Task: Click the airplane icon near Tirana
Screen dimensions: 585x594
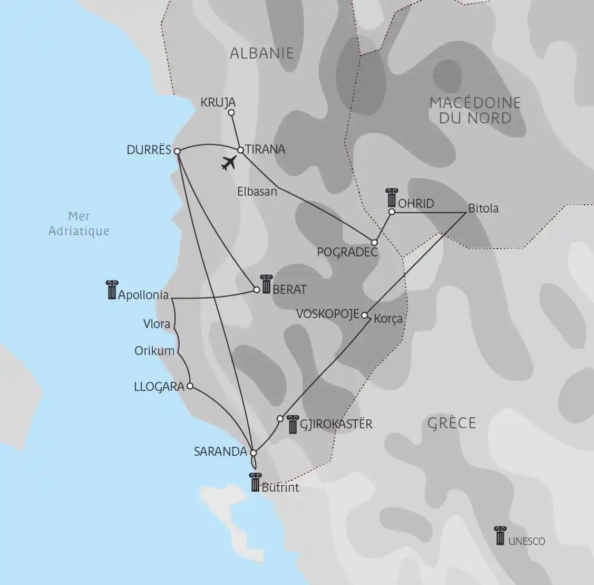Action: pyautogui.click(x=229, y=164)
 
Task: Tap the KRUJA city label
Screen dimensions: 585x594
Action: pyautogui.click(x=218, y=102)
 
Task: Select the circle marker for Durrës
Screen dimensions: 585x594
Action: pyautogui.click(x=178, y=151)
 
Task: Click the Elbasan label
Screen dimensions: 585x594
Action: pyautogui.click(x=257, y=191)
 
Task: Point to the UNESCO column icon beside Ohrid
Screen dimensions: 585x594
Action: pyautogui.click(x=392, y=198)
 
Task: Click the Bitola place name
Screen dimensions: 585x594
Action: pyautogui.click(x=483, y=208)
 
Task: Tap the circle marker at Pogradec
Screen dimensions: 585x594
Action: pyautogui.click(x=374, y=243)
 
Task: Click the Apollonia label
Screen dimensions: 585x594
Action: pyautogui.click(x=143, y=295)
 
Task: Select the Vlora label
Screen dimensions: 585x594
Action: pyautogui.click(x=157, y=323)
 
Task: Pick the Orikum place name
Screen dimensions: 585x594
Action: pyautogui.click(x=154, y=350)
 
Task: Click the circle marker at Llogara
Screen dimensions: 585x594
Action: pyautogui.click(x=190, y=386)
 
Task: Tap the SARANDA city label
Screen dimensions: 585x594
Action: pyautogui.click(x=220, y=452)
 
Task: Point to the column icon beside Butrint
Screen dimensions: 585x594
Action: pyautogui.click(x=256, y=482)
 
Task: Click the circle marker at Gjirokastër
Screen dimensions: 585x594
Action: pyautogui.click(x=280, y=419)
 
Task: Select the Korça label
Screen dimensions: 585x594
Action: pyautogui.click(x=388, y=319)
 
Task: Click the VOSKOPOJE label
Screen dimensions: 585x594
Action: pyautogui.click(x=327, y=314)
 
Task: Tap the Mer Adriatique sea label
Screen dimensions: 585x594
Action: pyautogui.click(x=79, y=223)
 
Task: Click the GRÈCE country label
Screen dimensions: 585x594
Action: pyautogui.click(x=452, y=423)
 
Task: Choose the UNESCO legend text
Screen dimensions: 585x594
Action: pyautogui.click(x=527, y=542)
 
